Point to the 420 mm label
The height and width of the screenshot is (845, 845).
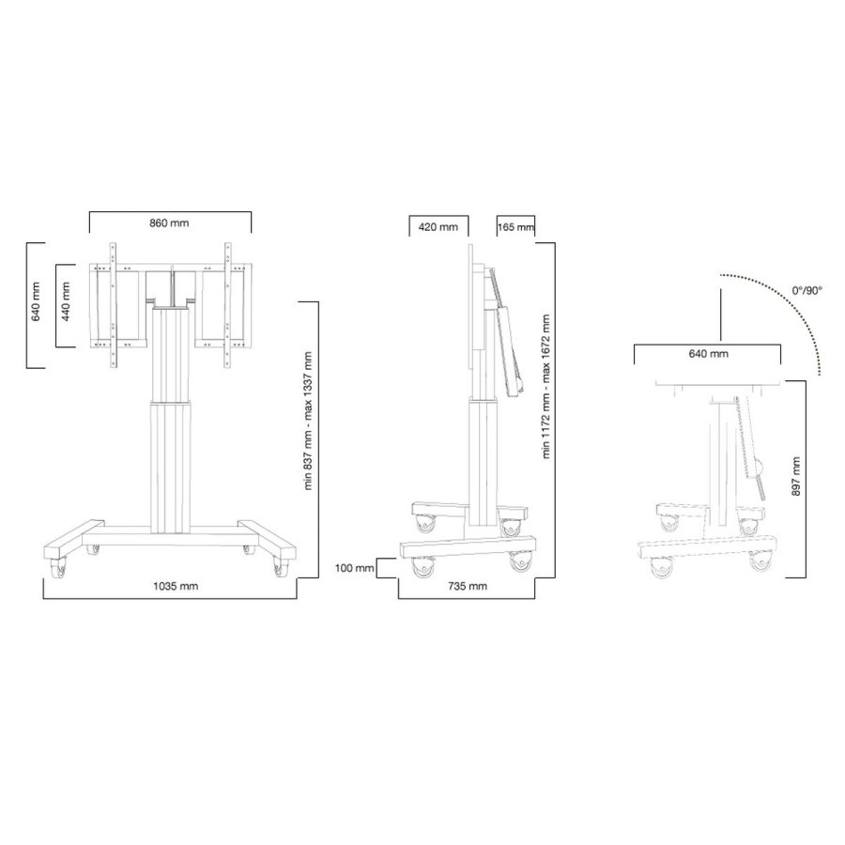438,227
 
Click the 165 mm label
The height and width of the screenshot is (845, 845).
515,227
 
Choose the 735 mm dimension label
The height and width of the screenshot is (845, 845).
467,586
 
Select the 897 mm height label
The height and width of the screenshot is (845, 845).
796,477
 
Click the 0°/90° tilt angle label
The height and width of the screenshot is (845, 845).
807,291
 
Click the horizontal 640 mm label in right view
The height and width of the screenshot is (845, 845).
707,354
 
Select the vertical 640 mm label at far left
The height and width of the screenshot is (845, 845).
37,300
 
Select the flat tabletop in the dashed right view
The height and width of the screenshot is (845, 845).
718,388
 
